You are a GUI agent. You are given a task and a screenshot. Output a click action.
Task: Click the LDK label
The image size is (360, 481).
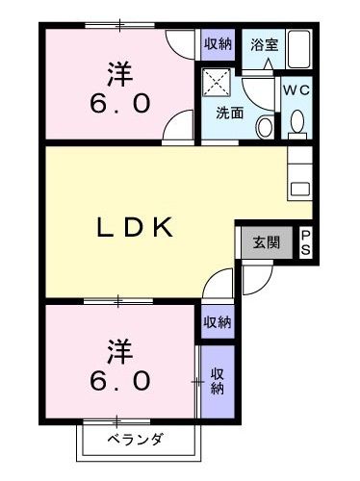point(136,228)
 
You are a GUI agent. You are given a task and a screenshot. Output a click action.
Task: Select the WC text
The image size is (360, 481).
point(296,89)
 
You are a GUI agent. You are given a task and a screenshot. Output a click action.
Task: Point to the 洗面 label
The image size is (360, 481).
point(230,112)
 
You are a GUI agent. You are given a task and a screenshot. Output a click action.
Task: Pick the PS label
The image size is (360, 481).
point(305,240)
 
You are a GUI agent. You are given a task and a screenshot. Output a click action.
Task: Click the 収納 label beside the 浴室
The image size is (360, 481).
point(217,43)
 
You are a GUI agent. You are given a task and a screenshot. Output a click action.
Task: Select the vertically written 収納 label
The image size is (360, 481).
point(218,381)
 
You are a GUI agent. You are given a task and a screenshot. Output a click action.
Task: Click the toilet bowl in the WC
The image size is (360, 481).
point(296,121)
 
